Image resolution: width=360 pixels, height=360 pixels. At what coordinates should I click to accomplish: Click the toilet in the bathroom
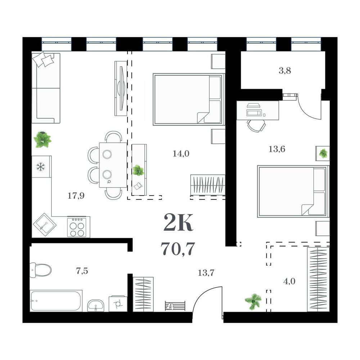point(41,270)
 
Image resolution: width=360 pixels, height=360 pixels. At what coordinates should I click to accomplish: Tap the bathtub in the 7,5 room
point(56,301)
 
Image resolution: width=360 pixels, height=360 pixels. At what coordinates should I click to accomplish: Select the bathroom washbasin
point(95,305)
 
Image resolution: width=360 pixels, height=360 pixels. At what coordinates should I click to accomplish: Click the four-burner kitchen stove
point(77,226)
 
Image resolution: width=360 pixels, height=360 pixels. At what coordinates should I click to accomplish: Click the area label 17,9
point(76,195)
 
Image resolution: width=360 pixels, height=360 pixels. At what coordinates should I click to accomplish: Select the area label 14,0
point(181,154)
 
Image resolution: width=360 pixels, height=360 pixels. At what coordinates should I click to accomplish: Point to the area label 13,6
point(277,149)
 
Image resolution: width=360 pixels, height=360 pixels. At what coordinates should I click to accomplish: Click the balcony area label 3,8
point(285,71)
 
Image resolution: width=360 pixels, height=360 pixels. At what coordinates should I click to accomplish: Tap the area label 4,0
point(289,281)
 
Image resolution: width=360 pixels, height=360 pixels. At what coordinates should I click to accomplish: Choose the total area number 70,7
point(178,249)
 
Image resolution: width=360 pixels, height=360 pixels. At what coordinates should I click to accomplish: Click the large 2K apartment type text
point(178,222)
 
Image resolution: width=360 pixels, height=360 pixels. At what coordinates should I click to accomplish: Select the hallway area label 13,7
point(206,273)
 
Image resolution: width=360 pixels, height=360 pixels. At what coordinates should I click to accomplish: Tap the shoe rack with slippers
point(175,306)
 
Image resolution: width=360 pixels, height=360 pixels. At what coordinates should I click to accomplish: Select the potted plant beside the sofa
point(42,139)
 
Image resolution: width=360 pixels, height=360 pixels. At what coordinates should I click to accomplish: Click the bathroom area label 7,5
point(82,271)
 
